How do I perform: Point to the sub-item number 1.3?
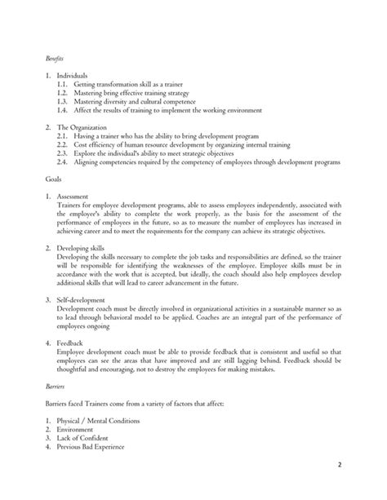[63, 101]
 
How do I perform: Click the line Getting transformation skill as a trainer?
[140, 85]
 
